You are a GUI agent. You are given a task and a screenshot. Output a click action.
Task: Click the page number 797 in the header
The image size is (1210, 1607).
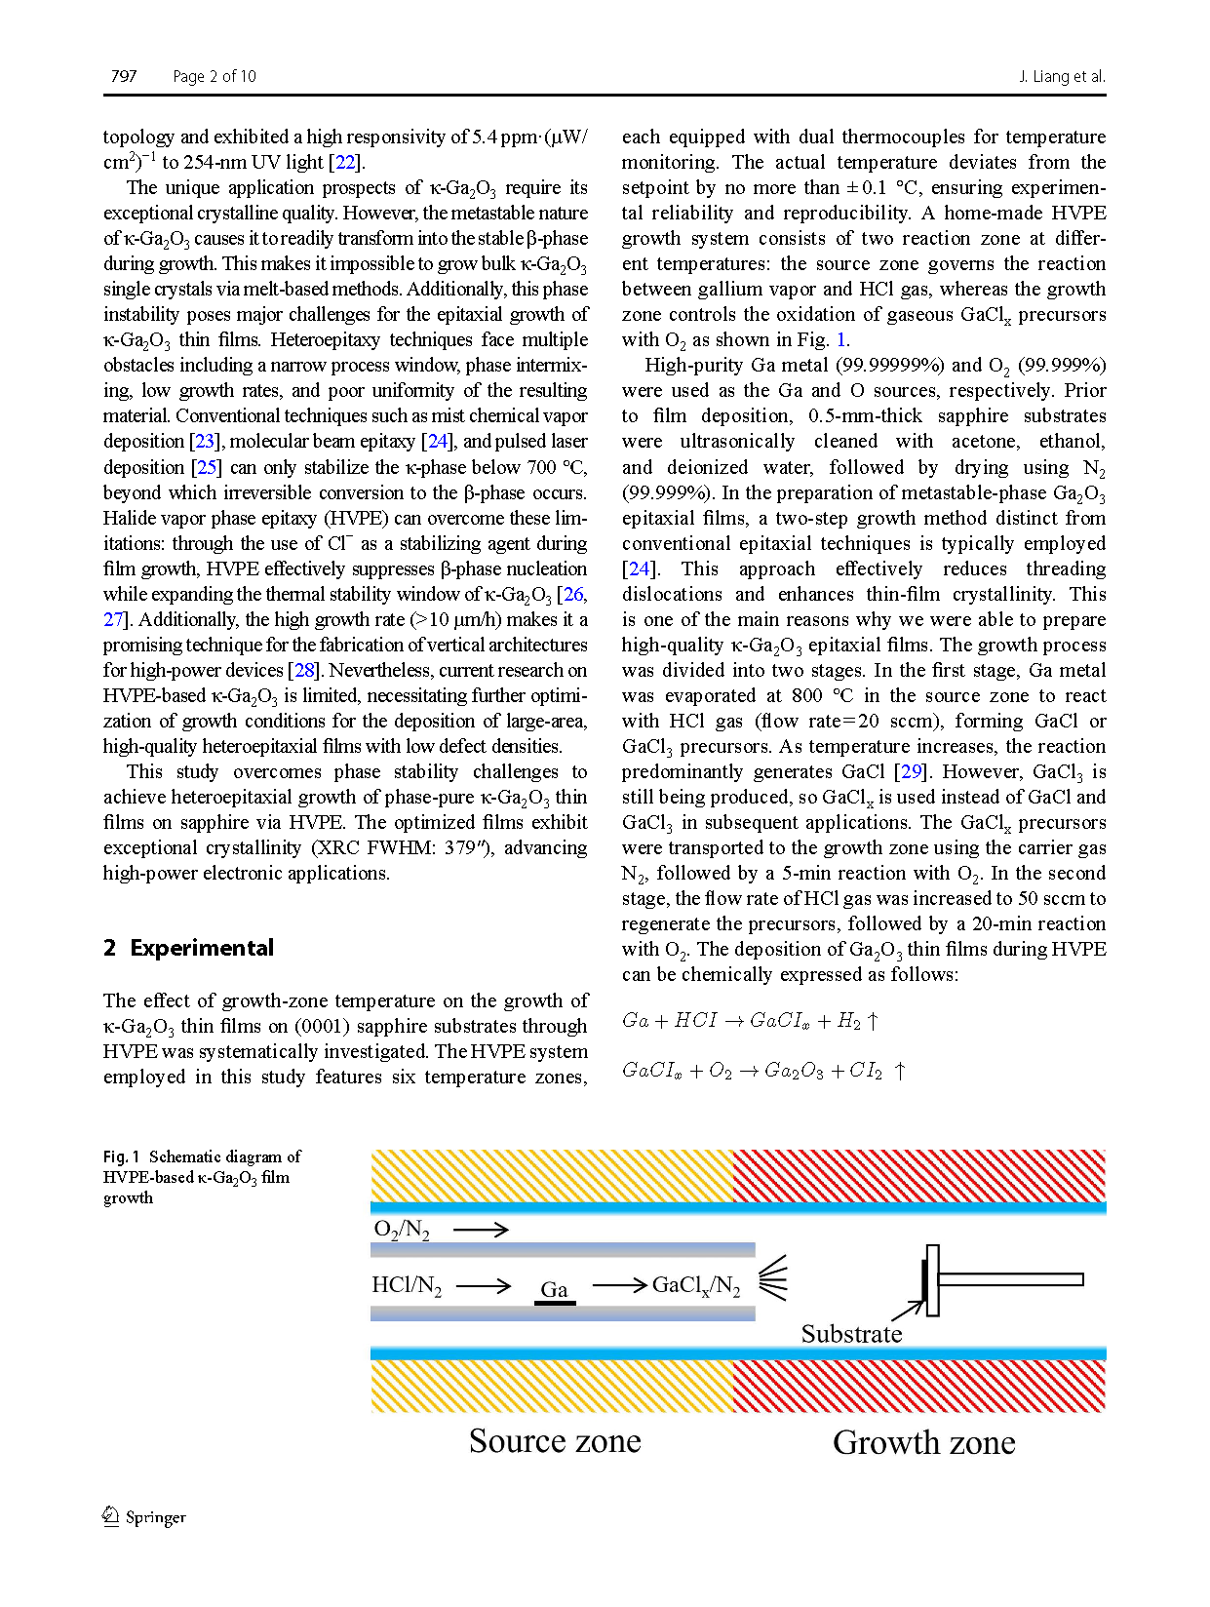tap(124, 76)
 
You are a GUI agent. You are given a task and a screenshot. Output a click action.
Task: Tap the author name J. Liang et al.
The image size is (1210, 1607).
tap(1062, 76)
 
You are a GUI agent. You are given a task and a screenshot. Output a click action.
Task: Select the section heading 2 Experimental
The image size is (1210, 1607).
tap(188, 948)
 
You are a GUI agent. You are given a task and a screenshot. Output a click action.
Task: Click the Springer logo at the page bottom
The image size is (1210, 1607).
tap(144, 1516)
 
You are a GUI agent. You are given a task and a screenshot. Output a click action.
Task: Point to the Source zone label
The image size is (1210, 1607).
tap(555, 1440)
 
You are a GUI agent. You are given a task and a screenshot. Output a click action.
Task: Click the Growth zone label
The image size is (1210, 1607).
tap(923, 1442)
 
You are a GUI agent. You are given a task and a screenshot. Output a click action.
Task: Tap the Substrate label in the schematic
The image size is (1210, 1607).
tap(851, 1333)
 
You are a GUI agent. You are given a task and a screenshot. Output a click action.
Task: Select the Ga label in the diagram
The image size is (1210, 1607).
tap(554, 1289)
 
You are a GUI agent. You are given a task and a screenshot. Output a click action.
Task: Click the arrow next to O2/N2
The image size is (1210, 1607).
tap(481, 1230)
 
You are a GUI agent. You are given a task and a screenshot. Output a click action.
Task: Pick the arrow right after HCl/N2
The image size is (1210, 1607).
tap(484, 1285)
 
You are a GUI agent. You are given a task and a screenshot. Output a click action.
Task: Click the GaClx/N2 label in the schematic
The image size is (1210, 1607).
tap(696, 1285)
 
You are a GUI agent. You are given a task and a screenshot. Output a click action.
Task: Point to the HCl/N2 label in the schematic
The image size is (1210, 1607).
tap(407, 1285)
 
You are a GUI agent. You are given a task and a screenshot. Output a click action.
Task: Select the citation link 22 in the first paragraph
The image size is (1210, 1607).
tap(345, 162)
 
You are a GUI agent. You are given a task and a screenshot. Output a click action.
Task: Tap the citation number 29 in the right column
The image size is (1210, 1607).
tap(911, 771)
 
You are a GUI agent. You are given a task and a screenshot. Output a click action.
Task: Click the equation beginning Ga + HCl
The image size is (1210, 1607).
tap(751, 1021)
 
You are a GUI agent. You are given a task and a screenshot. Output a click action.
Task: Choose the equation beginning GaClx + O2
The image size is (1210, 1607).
tap(764, 1071)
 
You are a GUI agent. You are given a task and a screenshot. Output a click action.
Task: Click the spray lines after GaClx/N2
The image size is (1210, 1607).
tap(773, 1277)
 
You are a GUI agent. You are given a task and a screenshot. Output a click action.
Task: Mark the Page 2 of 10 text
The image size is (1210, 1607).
tap(214, 76)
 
